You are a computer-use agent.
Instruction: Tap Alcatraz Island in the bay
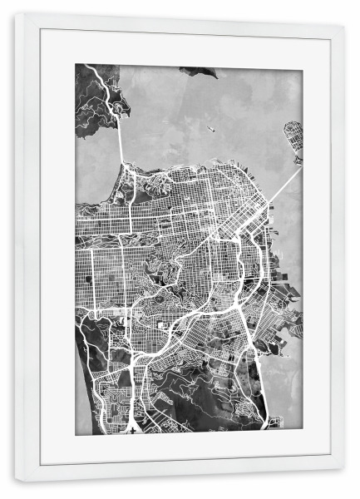click(x=211, y=129)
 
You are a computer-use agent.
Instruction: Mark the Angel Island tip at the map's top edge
click(x=199, y=72)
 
